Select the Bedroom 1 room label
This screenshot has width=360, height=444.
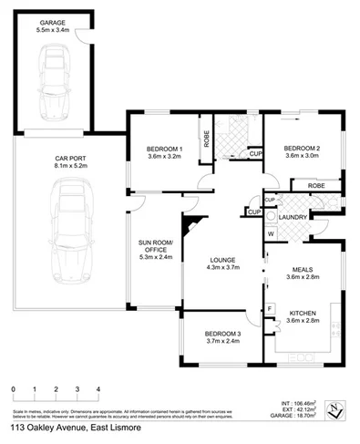tap(165, 150)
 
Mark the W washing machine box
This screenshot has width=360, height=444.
tap(271, 232)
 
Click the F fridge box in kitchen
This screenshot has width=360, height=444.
tap(271, 310)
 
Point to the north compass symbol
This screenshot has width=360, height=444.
tap(338, 408)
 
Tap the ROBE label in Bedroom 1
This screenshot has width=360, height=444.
tap(207, 139)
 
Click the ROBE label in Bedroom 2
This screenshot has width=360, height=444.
tap(316, 185)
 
